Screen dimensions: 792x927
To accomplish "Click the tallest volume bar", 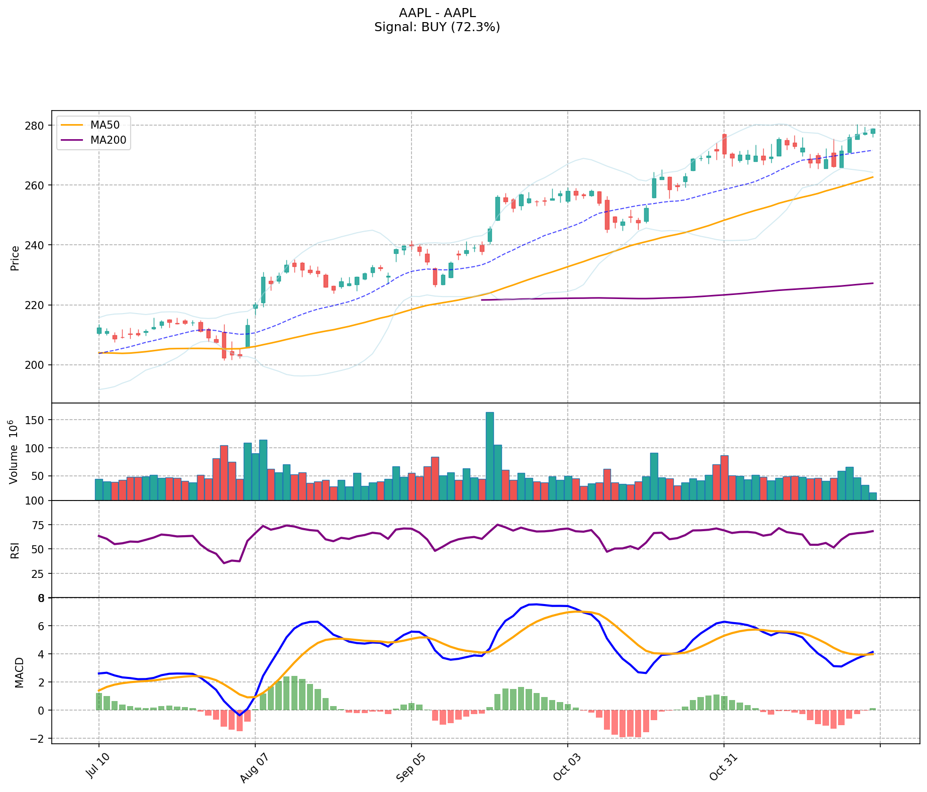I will pos(490,456).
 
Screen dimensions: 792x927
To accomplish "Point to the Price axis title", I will pos(15,258).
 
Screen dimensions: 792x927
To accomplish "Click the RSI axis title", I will pos(15,550).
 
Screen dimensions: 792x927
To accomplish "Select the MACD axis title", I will pos(19,672).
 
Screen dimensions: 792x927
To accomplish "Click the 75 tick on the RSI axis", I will pos(40,525).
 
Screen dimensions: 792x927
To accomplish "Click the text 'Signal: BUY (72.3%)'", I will pos(437,27).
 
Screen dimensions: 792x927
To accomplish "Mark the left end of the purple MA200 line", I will pos(482,300).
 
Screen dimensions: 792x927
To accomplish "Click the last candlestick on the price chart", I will pos(873,131).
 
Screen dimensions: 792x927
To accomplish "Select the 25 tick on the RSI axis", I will pos(40,573).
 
